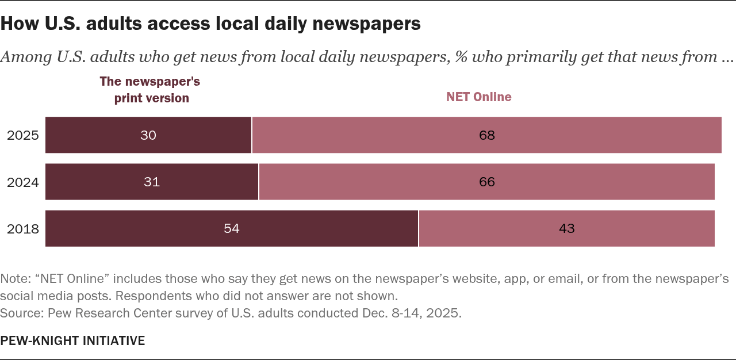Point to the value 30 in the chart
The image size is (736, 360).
tap(148, 135)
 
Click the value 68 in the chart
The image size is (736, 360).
tap(486, 135)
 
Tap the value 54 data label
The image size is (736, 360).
tap(231, 228)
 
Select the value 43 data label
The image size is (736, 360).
tap(566, 228)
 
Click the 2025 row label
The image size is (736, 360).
tap(23, 136)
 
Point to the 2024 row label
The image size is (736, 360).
tap(23, 182)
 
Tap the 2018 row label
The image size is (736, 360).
tap(23, 229)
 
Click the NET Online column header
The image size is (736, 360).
tap(479, 97)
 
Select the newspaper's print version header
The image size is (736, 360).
tap(150, 90)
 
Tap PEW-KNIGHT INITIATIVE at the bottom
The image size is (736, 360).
tap(72, 340)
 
